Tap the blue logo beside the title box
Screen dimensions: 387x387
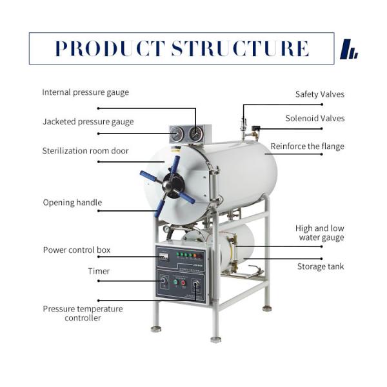tap(349, 49)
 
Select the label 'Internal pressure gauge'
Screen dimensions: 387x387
tap(85, 92)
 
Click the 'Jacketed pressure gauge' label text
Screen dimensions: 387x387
tap(88, 122)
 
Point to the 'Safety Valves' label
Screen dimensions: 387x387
tap(320, 94)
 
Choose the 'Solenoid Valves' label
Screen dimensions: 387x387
tap(315, 118)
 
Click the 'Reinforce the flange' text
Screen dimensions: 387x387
tap(307, 146)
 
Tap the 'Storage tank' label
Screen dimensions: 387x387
tap(321, 266)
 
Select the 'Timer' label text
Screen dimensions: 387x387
tap(99, 272)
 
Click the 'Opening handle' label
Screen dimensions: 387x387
tap(72, 203)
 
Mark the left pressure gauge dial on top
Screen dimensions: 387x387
tap(177, 134)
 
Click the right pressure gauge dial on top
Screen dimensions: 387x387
tap(195, 134)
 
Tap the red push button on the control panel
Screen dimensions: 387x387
tap(183, 282)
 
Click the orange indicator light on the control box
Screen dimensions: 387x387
tap(195, 255)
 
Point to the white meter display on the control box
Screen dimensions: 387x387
tap(164, 255)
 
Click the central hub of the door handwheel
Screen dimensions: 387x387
tap(173, 185)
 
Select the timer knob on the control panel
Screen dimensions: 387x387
tap(163, 281)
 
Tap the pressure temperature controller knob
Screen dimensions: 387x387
tap(196, 283)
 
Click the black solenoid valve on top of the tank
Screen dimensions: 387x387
tap(255, 128)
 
